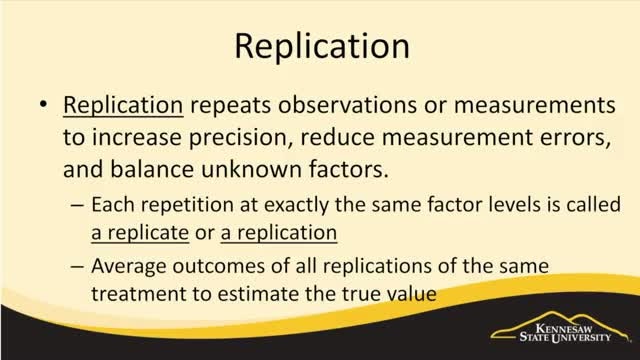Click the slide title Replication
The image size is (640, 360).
click(322, 47)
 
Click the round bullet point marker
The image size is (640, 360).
click(43, 105)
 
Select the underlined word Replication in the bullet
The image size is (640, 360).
click(123, 106)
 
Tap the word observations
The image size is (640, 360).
click(347, 105)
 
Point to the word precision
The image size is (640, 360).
click(241, 138)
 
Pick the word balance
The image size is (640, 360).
click(152, 169)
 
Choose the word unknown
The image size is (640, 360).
click(251, 169)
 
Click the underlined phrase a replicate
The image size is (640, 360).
click(140, 234)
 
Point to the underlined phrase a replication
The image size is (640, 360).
click(279, 234)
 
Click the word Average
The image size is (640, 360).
click(129, 267)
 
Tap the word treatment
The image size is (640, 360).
click(138, 294)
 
